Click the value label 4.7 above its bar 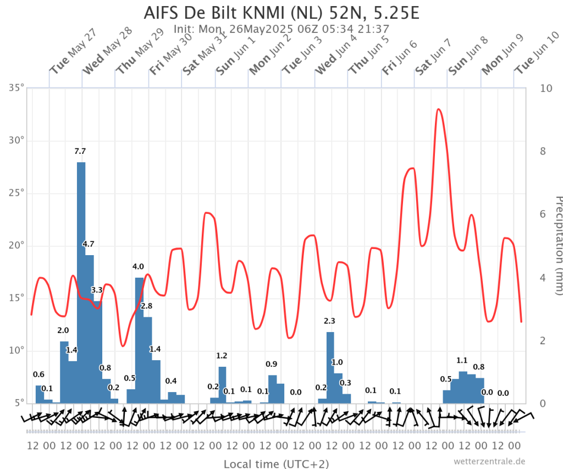(x=89, y=244)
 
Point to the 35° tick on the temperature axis (x=18, y=88)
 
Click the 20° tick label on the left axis (x=18, y=246)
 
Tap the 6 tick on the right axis (x=534, y=214)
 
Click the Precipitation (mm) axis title (x=556, y=245)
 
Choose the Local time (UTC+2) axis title (x=276, y=464)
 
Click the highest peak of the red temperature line (x=438, y=109)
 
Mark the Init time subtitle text (x=281, y=29)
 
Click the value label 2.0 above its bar (x=63, y=330)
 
